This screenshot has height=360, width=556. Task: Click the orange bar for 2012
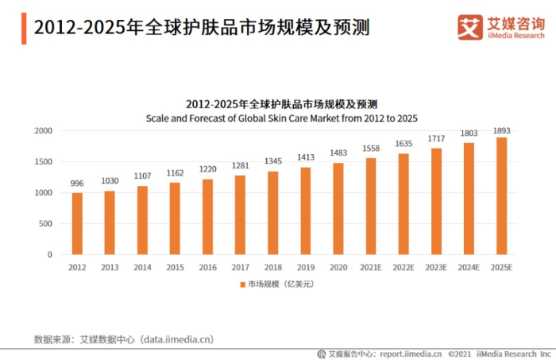coord(77,223)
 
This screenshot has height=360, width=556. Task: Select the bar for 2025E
coord(501,195)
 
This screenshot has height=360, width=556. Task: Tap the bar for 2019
coord(305,211)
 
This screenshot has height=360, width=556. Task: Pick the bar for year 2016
coord(207,216)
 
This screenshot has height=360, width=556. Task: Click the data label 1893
coord(501,130)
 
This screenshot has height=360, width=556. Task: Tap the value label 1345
coord(272,161)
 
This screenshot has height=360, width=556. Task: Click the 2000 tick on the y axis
coord(44,130)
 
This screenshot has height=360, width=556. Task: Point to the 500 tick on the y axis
coord(46,223)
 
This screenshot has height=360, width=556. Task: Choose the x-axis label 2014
coord(142,267)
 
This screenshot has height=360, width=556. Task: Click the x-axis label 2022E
coord(403,267)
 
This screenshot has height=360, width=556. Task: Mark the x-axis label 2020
coord(338,267)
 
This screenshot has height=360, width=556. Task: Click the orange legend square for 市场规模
coord(242,284)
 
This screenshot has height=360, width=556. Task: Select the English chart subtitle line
coord(281,117)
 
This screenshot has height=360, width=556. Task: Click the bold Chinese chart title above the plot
coord(281,104)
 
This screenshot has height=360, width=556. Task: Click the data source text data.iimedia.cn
coord(176,339)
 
